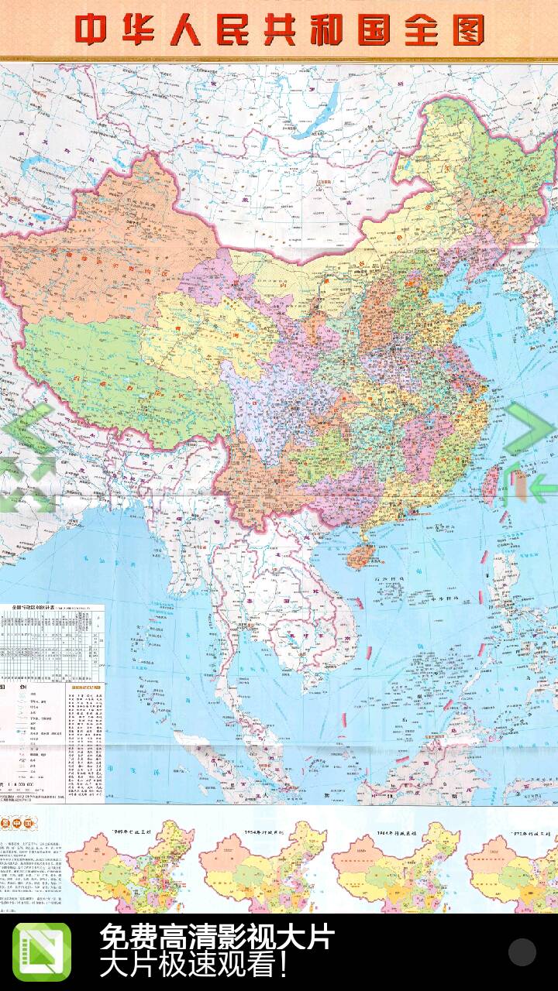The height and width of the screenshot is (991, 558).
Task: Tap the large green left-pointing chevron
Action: click(x=28, y=428)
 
